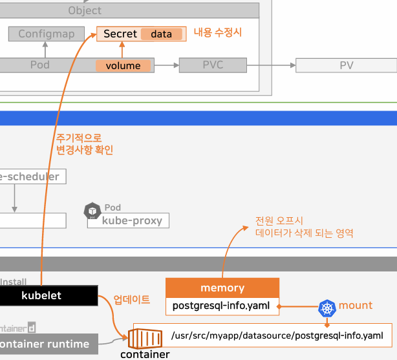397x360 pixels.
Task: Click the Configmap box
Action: [47, 34]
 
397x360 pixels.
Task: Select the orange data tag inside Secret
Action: [161, 34]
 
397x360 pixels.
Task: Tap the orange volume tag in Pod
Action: [123, 66]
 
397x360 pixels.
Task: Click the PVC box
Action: [213, 65]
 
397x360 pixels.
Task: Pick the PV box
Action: [346, 65]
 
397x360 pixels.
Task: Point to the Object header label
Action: [85, 10]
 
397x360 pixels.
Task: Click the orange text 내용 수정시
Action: [218, 32]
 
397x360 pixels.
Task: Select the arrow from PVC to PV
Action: [271, 65]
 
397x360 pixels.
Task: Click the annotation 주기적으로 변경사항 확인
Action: [84, 143]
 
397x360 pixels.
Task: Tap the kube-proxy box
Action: [128, 220]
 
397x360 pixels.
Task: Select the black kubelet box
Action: [49, 295]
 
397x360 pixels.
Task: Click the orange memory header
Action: [222, 288]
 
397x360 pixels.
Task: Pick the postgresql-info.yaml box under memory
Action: [222, 306]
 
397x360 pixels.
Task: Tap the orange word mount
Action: [356, 305]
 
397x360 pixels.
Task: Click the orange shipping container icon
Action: [143, 338]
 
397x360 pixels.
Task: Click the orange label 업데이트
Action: [132, 299]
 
